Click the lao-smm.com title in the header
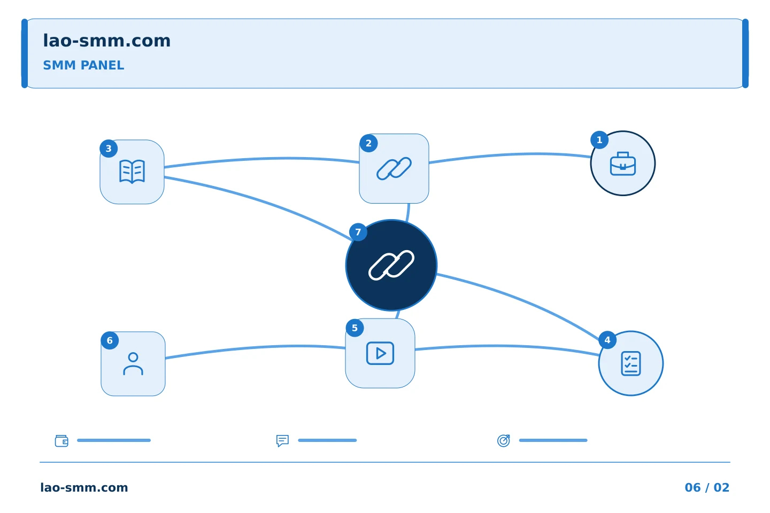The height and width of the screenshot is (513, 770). click(x=106, y=41)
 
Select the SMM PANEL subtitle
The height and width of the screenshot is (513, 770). click(x=83, y=65)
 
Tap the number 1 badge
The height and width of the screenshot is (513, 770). click(x=599, y=140)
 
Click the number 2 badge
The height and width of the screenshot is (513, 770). click(x=368, y=143)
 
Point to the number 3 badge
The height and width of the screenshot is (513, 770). click(x=109, y=149)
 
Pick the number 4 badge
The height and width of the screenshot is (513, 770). click(x=607, y=340)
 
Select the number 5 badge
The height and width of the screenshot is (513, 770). click(x=355, y=328)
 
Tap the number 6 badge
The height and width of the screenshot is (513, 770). click(x=110, y=340)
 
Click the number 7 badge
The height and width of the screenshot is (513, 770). click(x=358, y=232)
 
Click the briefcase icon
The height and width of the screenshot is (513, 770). click(x=623, y=164)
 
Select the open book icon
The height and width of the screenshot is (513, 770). click(x=132, y=172)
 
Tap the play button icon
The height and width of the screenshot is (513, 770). click(x=380, y=353)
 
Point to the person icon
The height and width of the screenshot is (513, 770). click(x=133, y=364)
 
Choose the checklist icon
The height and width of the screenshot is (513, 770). click(x=631, y=363)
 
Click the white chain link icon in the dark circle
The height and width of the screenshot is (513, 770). click(x=391, y=265)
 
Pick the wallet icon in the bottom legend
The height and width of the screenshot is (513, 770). click(x=61, y=440)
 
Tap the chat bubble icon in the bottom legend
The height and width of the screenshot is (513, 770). click(x=282, y=440)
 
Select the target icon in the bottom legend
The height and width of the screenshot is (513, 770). click(x=504, y=440)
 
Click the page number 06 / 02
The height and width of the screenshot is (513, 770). click(x=707, y=487)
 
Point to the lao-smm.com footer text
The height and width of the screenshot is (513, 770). click(x=84, y=487)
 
